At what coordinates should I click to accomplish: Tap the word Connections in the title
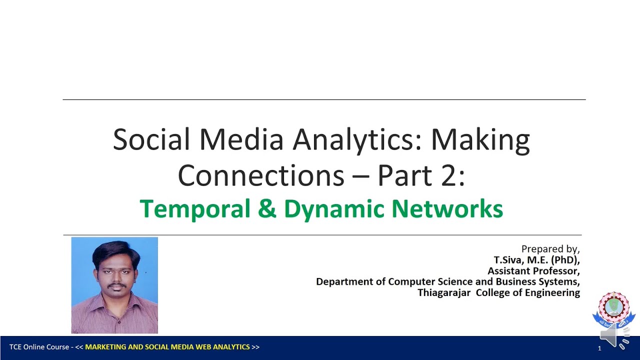pos(260,175)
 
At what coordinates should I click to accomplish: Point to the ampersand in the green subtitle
pos(267,209)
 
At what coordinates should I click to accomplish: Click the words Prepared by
pos(550,249)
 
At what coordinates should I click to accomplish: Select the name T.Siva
pos(508,260)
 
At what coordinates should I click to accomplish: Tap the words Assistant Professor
pos(533,271)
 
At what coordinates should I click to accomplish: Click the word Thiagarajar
pos(444,293)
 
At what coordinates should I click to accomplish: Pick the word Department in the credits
pos(344,282)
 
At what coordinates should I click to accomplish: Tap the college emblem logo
pos(613,307)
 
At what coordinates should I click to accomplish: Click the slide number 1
pos(599,348)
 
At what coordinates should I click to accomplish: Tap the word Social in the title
pos(146,140)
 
